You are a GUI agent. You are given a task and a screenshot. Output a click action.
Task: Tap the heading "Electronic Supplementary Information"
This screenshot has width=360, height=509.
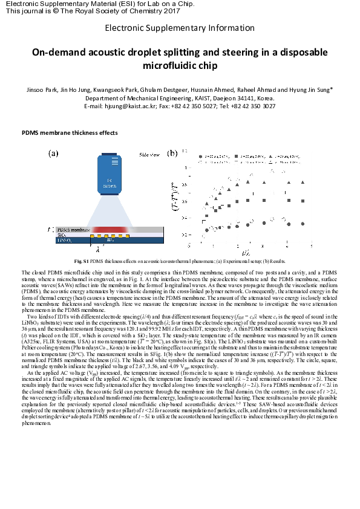point(180,28)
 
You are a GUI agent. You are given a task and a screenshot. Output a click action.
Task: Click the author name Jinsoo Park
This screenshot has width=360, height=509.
point(43,89)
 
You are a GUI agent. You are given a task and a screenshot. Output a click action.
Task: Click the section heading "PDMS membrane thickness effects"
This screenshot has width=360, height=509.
point(70,132)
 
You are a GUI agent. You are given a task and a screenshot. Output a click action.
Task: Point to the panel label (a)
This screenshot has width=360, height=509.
point(53,154)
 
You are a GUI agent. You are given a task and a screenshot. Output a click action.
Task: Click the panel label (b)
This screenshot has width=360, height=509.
point(172,154)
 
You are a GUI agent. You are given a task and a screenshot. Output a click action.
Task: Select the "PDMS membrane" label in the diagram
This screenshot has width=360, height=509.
point(73,230)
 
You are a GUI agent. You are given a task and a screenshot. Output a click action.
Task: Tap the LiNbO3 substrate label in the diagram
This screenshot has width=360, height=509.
point(65,240)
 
